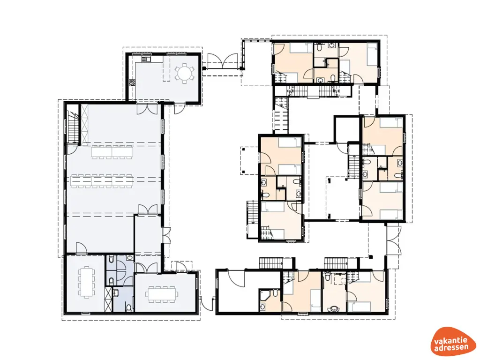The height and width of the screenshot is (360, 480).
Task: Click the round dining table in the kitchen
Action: point(184,73)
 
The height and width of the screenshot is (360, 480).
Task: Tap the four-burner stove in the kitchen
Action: point(132,82)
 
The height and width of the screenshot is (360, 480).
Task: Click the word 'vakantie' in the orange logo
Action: point(450,341)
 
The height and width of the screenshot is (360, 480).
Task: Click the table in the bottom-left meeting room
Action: point(87,282)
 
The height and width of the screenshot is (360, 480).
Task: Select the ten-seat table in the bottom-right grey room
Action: point(162,294)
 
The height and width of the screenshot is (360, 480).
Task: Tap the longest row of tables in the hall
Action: point(102,181)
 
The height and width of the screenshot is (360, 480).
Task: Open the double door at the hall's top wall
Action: point(147,109)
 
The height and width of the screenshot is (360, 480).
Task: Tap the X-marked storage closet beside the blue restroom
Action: point(108,300)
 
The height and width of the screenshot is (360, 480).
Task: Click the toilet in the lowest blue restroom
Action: point(129,307)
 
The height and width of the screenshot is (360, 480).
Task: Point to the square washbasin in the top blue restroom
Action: point(130,258)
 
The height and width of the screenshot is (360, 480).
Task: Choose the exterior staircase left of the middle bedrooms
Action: point(253,212)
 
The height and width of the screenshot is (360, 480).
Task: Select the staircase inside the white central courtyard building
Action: point(353,165)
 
